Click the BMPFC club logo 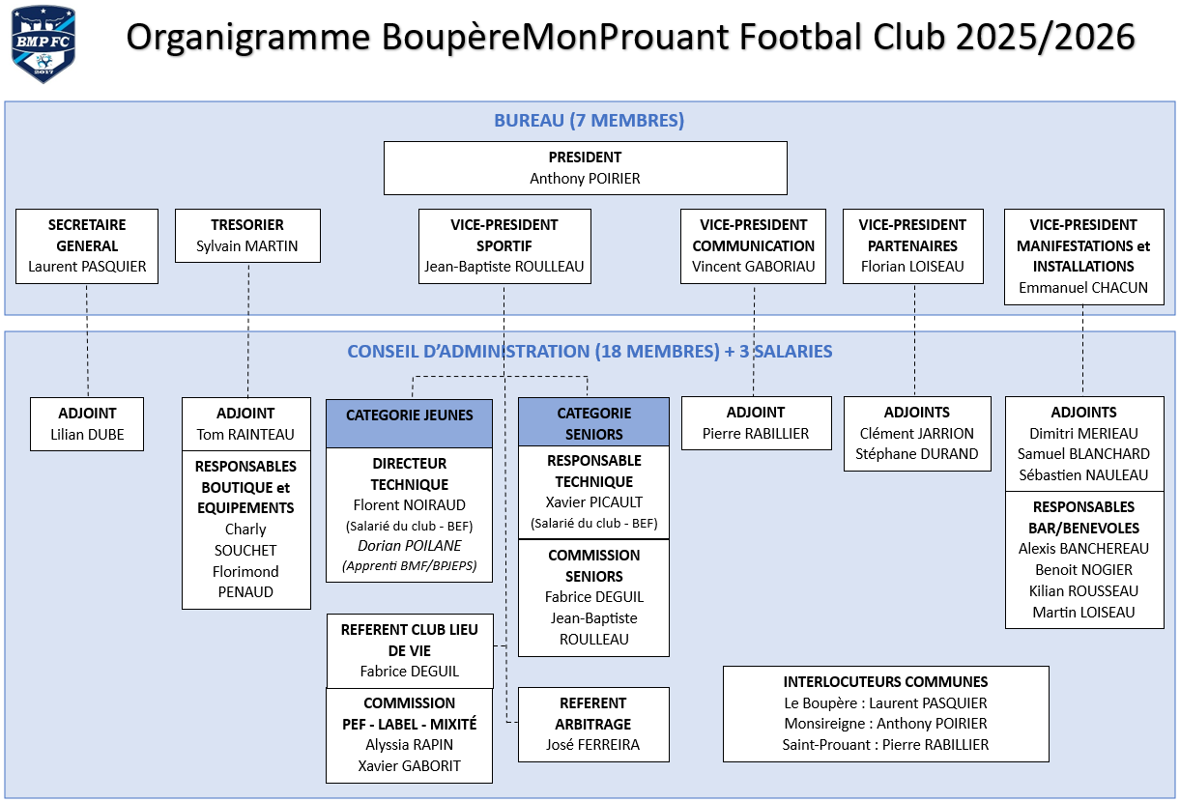point(43,44)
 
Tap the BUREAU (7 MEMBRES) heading point(589,121)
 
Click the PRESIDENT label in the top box point(585,158)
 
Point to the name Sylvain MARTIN point(247,245)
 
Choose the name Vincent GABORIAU point(753,267)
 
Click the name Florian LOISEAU point(912,267)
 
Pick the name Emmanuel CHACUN point(1083,287)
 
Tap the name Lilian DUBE point(87,434)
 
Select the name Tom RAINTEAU point(245,434)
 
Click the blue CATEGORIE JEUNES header point(410,415)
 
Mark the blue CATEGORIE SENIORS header point(593,423)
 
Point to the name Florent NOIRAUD point(410,504)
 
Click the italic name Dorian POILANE point(410,545)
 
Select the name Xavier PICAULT point(593,501)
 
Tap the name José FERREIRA point(593,745)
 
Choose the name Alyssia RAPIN point(410,745)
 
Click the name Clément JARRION point(916,433)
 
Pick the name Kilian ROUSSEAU point(1083,590)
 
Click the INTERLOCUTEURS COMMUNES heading point(885,682)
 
